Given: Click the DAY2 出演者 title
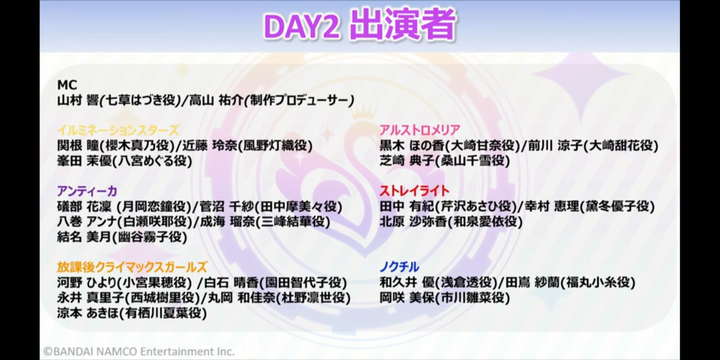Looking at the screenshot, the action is click(359, 25).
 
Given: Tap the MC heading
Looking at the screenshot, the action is click(67, 85).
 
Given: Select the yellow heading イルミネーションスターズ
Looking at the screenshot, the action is click(118, 130).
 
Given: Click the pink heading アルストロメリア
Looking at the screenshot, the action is click(420, 130).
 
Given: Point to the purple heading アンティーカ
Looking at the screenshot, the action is click(87, 191).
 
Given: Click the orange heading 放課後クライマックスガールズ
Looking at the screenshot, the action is click(132, 266).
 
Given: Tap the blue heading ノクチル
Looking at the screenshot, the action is click(399, 266).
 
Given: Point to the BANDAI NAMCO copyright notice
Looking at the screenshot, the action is click(139, 352).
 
